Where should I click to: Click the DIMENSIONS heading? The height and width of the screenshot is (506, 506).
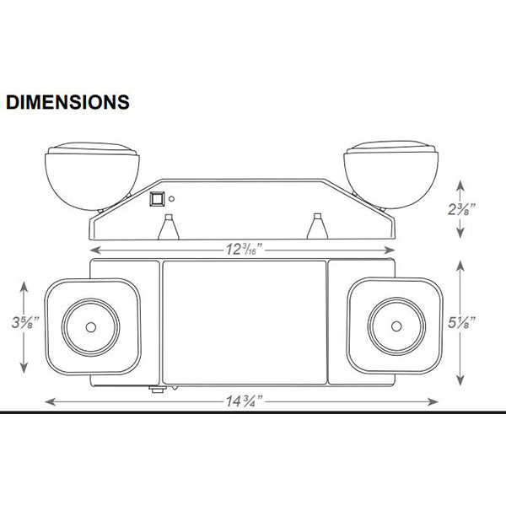[67, 102]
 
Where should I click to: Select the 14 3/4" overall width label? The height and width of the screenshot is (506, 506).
[245, 401]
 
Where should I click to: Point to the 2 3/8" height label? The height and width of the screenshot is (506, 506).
[462, 209]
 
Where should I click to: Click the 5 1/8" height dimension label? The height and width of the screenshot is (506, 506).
[462, 322]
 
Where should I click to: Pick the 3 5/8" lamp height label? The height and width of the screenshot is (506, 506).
[25, 322]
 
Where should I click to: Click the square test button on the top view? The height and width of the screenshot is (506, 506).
[157, 199]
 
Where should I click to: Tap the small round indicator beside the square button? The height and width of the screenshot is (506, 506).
[172, 199]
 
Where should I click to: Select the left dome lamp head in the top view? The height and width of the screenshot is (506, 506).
[92, 176]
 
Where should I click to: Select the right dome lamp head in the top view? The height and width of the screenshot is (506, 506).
[391, 175]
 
